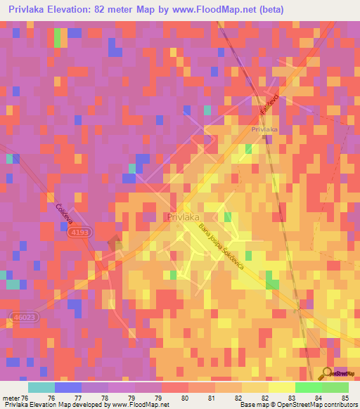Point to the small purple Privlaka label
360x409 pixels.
[265, 130]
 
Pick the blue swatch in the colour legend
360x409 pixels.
[68, 387]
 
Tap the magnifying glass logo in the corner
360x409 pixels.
[328, 372]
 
